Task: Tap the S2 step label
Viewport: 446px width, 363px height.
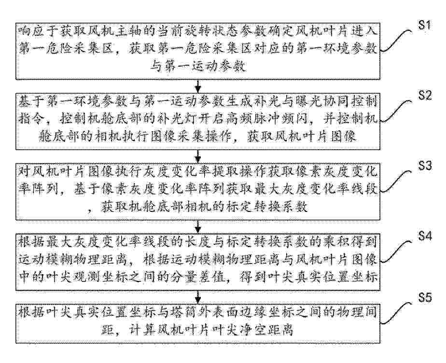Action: [425, 95]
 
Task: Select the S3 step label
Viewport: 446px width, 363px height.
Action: [425, 166]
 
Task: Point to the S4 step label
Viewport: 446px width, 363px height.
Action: [425, 236]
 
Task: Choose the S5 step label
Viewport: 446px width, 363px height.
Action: [425, 298]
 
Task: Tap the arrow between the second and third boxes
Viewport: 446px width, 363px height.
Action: [198, 156]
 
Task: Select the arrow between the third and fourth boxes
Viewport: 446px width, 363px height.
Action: [198, 227]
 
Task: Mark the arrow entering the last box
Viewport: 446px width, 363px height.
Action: [198, 297]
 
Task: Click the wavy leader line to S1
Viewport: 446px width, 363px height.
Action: [396, 41]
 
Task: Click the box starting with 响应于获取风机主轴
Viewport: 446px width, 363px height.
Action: [198, 51]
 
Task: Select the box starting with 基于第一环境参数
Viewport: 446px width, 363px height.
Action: [198, 122]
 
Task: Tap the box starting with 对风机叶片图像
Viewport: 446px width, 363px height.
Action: [198, 192]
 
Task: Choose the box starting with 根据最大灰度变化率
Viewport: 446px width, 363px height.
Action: [198, 262]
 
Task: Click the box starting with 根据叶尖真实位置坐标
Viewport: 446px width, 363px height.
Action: [198, 323]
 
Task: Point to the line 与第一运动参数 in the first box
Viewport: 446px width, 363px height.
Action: [198, 67]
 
